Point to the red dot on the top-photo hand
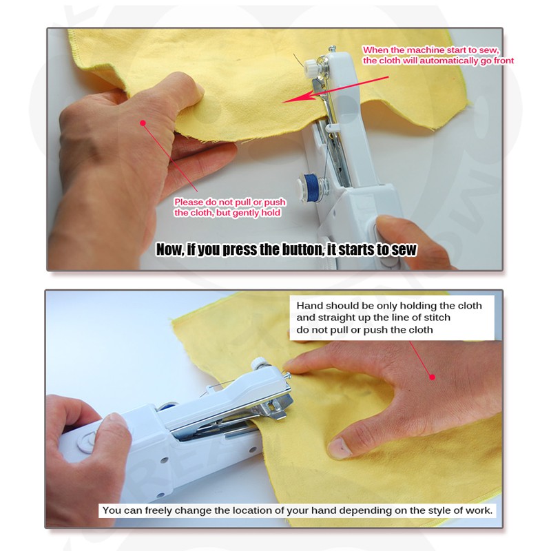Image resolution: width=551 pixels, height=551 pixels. (x=143, y=123)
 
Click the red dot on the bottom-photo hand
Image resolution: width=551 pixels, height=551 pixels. (x=433, y=377)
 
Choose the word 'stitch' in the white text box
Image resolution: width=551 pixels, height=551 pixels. (x=437, y=318)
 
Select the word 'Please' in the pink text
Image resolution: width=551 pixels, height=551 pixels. (x=189, y=202)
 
